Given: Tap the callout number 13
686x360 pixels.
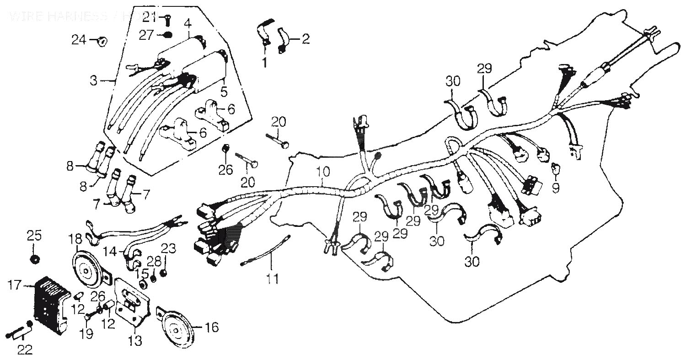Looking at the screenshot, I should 135,341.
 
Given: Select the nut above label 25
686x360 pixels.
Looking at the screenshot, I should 34,259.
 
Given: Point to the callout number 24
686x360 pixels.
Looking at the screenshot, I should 79,40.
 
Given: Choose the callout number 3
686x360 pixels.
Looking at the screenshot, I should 93,81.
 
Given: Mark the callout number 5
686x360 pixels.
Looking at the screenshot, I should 224,91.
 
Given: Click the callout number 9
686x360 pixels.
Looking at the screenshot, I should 555,188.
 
